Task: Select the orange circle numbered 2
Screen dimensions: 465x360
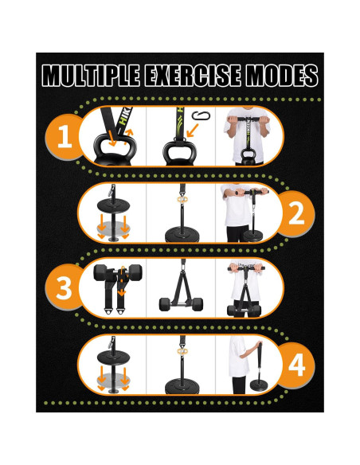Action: tap(295, 213)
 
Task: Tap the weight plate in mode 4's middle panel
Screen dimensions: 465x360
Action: tap(182, 388)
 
